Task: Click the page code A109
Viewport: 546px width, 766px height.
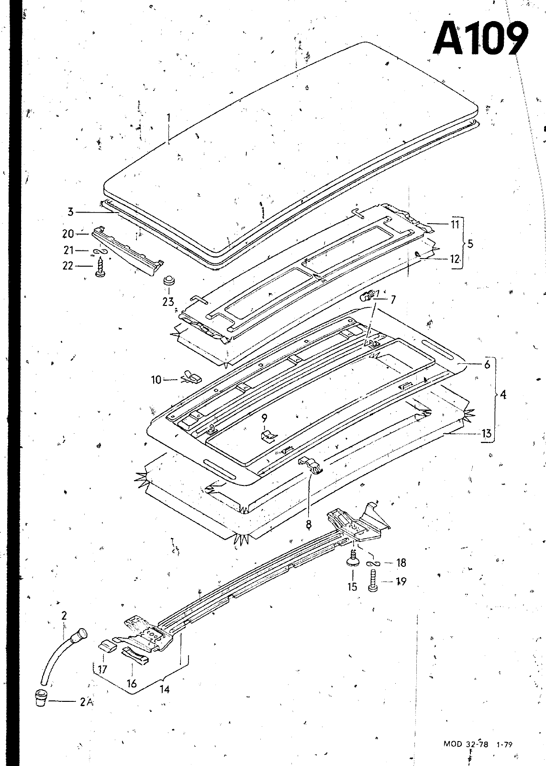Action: pos(481,39)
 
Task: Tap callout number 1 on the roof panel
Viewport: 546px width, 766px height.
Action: pos(168,121)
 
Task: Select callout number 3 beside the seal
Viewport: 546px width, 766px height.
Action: pos(70,212)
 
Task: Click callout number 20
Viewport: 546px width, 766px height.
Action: pos(68,234)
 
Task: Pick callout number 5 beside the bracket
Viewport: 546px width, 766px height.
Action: pos(470,244)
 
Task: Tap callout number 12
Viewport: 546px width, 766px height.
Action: pos(454,259)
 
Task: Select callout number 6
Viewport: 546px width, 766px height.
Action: pos(487,364)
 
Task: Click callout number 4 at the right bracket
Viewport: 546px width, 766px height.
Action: pos(503,395)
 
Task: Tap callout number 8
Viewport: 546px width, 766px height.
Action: pos(308,524)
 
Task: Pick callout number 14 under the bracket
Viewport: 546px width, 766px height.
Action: pos(165,689)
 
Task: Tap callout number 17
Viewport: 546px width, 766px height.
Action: pos(102,669)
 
